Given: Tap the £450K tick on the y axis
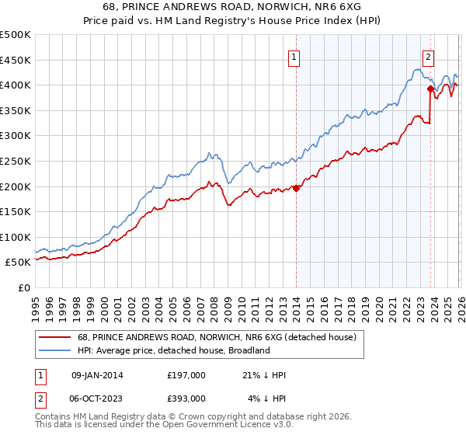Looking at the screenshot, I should (16, 60).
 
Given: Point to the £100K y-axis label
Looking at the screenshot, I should (16, 237).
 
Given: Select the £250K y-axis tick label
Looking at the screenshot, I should (16, 161).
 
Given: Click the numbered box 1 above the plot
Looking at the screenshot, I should (295, 56).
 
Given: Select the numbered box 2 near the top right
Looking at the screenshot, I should (429, 56).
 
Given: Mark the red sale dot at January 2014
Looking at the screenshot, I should (297, 187).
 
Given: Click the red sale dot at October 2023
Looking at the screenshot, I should (430, 89).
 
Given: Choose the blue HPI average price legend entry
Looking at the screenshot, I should (172, 350).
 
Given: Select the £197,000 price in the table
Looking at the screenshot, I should (186, 375).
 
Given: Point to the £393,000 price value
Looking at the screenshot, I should (186, 398).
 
